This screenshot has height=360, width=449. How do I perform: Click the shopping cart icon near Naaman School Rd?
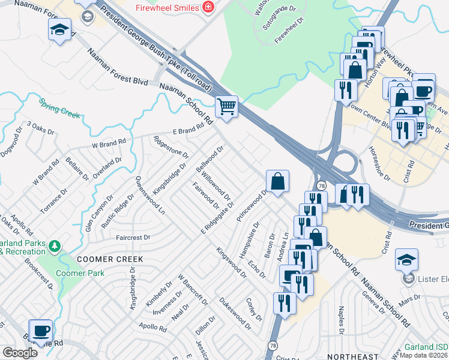tap(226, 107)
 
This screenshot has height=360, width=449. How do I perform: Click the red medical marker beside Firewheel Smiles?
tap(208, 7)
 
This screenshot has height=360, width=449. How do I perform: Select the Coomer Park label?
tap(80, 273)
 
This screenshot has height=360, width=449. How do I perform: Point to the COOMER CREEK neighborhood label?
tap(109, 259)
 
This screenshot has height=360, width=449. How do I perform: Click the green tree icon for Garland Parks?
tap(55, 246)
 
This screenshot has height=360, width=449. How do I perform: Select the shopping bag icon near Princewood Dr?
tap(278, 181)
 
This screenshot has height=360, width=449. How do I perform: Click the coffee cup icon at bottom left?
tap(41, 331)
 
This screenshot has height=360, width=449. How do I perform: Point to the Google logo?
tap(20, 353)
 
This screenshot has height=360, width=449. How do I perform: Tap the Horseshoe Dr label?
tap(379, 163)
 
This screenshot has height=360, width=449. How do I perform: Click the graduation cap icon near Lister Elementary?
tap(407, 259)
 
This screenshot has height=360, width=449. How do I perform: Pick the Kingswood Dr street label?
tap(232, 262)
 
